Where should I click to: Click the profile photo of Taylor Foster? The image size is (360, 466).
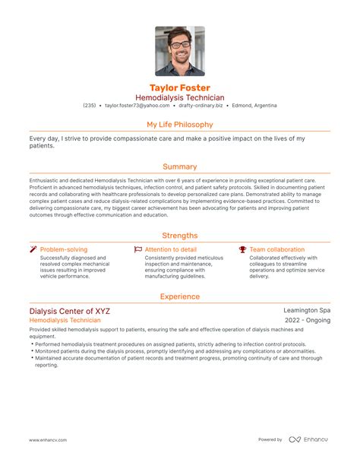(x=180, y=52)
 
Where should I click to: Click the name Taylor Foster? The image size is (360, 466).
(x=180, y=87)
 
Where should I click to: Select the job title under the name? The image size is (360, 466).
(x=180, y=97)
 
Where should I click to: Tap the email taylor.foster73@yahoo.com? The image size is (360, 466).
(x=137, y=106)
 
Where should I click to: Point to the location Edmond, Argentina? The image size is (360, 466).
(x=254, y=106)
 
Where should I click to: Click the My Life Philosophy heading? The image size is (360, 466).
(x=180, y=124)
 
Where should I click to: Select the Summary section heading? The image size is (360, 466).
(x=180, y=166)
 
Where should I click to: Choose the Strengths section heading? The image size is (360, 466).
(x=180, y=235)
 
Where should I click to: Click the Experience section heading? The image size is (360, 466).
(x=180, y=296)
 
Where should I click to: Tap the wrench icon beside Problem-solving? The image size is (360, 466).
(x=33, y=249)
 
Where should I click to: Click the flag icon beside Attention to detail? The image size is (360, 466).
(x=137, y=249)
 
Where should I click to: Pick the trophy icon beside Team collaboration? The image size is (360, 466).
(x=242, y=249)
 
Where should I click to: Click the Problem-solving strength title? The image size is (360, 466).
(x=64, y=249)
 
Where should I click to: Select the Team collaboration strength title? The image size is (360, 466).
(x=276, y=249)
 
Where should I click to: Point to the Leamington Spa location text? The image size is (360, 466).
(x=306, y=311)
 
